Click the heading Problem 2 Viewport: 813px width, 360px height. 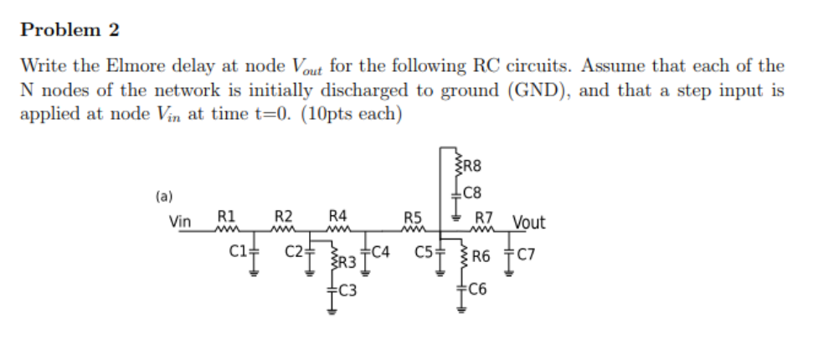pos(70,31)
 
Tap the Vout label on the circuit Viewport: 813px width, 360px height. pos(528,223)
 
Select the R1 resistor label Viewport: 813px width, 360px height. pos(226,215)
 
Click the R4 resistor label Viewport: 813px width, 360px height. pos(338,215)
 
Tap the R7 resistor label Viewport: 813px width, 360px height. pos(483,218)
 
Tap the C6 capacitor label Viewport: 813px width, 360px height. pos(479,291)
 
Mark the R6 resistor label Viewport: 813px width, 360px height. pos(481,256)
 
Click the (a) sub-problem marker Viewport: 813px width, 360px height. pos(164,198)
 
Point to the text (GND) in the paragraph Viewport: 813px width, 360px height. pos(535,90)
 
